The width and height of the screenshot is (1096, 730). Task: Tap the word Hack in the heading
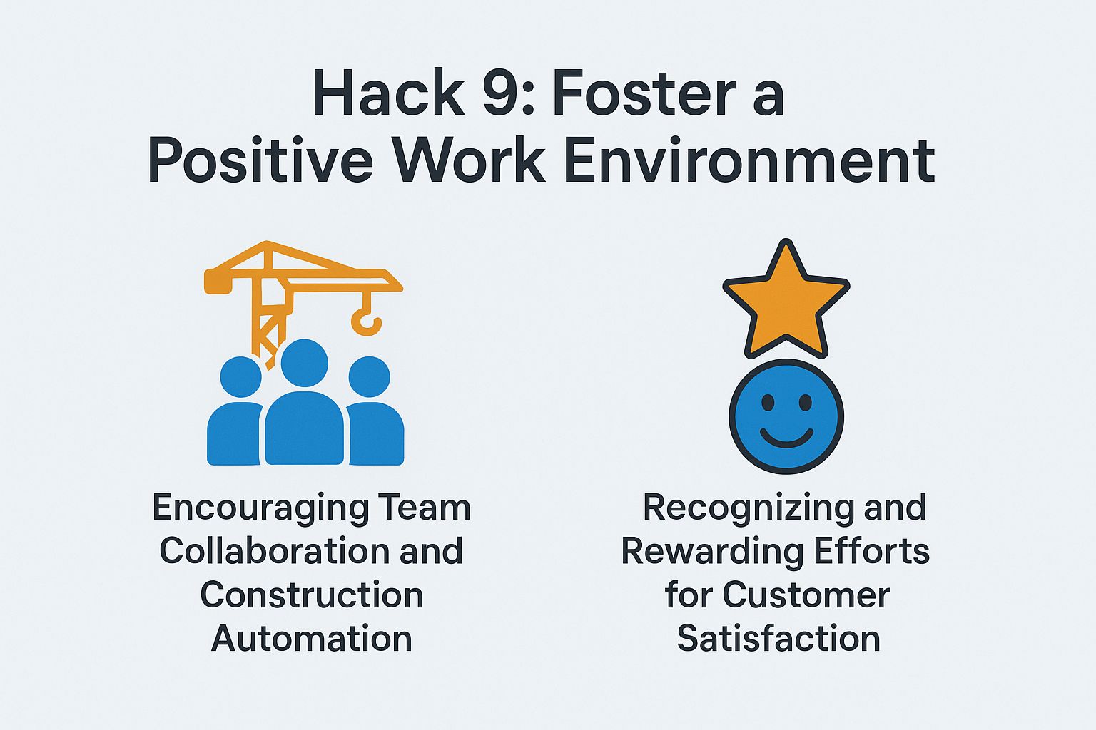(x=387, y=94)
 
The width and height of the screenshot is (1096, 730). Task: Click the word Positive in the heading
(x=260, y=161)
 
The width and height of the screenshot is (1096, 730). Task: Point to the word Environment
(x=749, y=161)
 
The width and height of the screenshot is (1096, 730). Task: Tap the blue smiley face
(x=786, y=416)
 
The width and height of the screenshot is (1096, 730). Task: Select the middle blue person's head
(x=305, y=363)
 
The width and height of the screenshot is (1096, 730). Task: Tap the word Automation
(x=312, y=639)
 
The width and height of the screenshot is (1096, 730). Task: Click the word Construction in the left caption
(x=312, y=595)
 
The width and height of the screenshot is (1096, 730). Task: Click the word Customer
(x=806, y=595)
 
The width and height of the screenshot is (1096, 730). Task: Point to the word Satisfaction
(x=778, y=639)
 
